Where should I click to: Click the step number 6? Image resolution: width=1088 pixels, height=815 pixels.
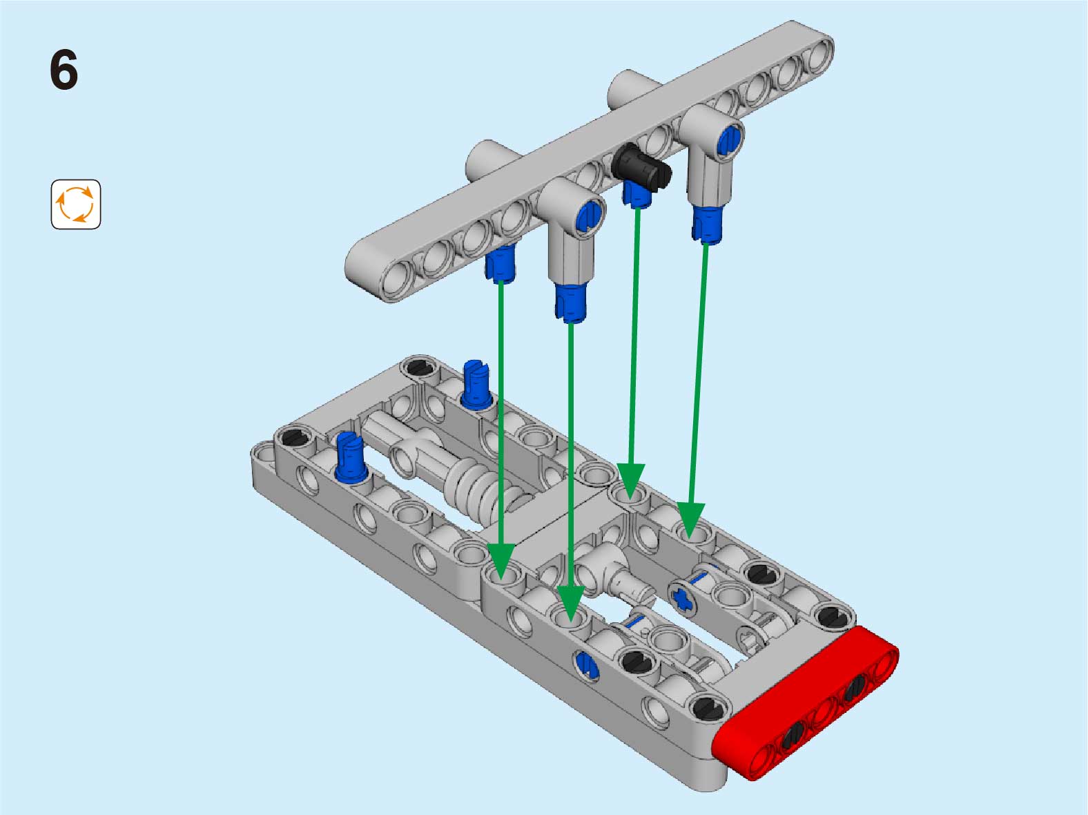tap(64, 70)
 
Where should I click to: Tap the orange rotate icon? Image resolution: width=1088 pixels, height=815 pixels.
tap(76, 204)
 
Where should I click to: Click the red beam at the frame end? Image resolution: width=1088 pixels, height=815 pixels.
tap(806, 704)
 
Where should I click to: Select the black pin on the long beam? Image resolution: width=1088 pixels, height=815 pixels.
tap(641, 168)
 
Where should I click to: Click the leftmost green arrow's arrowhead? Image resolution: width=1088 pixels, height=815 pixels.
tap(501, 561)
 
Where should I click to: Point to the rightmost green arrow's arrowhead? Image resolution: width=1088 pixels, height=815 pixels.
tap(690, 521)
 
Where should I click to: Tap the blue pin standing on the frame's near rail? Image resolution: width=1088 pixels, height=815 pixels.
tap(351, 457)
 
